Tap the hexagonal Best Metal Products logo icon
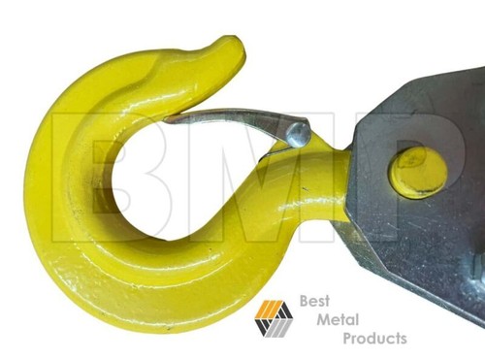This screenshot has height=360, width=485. click(274, 318)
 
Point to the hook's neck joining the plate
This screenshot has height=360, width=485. click(325, 175)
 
